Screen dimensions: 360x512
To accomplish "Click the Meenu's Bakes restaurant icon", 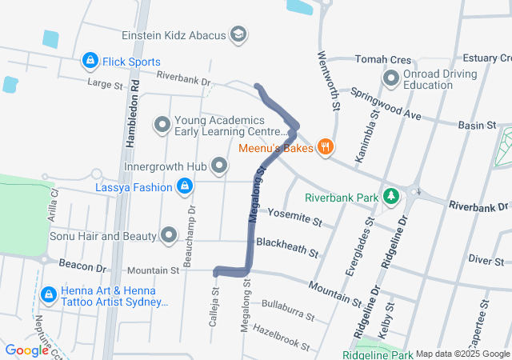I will click(324, 146).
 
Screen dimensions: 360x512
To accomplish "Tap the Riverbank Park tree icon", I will click(391, 196).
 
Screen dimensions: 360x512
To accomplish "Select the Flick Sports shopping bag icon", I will click(90, 61).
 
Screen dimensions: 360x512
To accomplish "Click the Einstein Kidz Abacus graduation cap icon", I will click(238, 34).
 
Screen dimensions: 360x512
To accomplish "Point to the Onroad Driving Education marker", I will click(391, 78).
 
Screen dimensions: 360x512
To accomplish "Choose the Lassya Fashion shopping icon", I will click(185, 186).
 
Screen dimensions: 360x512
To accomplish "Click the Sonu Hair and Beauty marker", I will click(169, 235).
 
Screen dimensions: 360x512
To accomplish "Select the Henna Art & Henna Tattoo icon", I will click(49, 295).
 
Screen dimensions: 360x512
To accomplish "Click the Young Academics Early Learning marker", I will click(162, 124).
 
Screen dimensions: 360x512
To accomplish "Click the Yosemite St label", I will click(294, 216).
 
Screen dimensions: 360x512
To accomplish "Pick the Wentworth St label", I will click(330, 80).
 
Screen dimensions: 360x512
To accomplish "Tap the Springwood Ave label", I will click(385, 104).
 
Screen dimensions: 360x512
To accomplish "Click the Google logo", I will click(26, 350).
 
